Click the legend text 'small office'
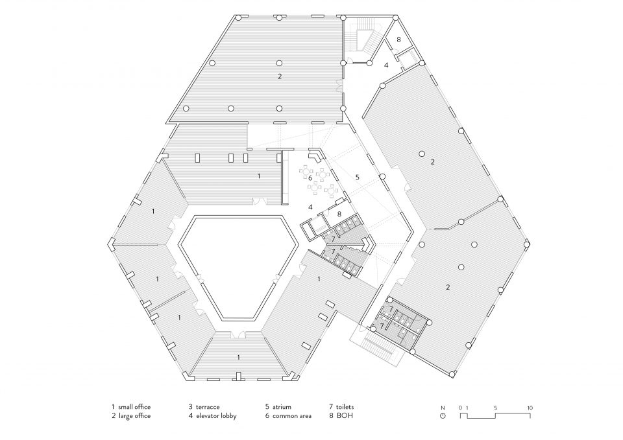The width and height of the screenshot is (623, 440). [x=134, y=407]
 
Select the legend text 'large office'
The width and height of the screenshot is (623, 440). [x=134, y=416]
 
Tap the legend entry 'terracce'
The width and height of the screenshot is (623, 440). [x=208, y=407]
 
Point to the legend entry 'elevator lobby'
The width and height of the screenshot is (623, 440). [x=215, y=416]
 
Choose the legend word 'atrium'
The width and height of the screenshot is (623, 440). [x=282, y=407]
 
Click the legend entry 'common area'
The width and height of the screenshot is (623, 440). [x=291, y=416]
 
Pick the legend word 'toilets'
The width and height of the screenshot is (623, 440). [x=345, y=407]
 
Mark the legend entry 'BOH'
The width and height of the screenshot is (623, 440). [x=344, y=416]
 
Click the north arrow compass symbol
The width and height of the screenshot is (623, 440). [x=443, y=416]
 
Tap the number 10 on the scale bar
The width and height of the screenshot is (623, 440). [x=530, y=408]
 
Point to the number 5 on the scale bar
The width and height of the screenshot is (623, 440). [x=495, y=408]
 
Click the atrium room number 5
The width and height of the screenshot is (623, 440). [x=357, y=178]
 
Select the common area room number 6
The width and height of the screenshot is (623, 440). [x=310, y=178]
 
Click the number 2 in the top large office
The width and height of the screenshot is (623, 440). [x=280, y=76]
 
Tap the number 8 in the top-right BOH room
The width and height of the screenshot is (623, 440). [x=398, y=40]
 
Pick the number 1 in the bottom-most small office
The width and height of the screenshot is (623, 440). [x=238, y=358]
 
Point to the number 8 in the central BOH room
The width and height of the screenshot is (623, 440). [x=339, y=214]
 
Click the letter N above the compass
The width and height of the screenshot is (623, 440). [x=443, y=408]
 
